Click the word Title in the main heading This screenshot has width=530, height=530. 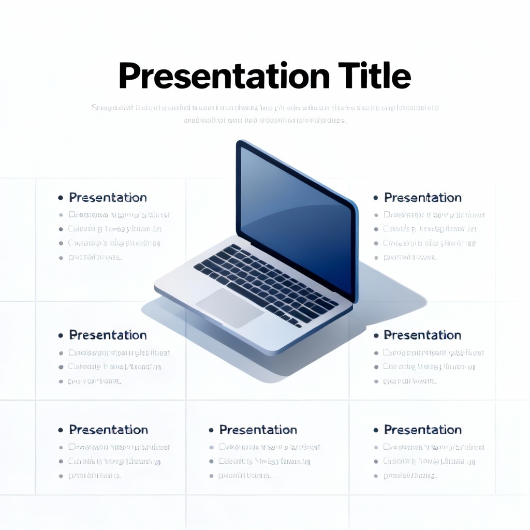coord(375,76)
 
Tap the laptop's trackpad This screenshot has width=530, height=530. coord(230,308)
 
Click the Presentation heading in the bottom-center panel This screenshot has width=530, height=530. coord(258,430)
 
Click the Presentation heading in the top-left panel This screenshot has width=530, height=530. coord(108,198)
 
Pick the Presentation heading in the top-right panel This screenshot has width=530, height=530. coord(422,198)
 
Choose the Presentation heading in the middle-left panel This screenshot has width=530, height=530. coord(108,335)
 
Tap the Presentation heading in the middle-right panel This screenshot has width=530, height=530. coord(422,335)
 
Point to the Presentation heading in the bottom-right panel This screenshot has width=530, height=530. coord(422,430)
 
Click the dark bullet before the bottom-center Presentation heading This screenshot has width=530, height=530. coord(211,431)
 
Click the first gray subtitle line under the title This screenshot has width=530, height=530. coord(265,108)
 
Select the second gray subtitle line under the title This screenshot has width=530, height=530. coord(265,121)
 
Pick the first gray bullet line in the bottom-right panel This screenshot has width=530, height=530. coord(433,447)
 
